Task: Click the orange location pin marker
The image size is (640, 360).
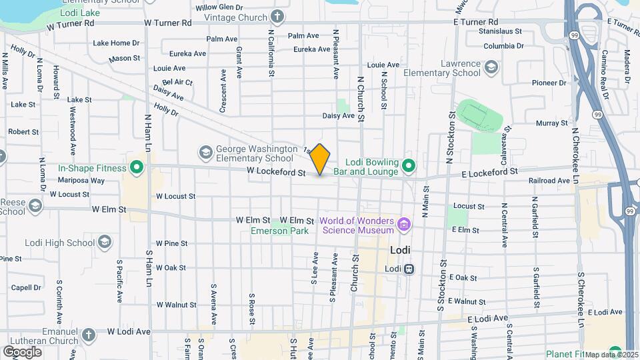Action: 320,159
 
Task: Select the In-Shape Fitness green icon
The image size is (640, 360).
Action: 137,168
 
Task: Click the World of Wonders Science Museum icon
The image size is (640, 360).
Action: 403,223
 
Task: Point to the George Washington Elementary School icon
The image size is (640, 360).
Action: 205,153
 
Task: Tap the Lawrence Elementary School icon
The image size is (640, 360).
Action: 491,67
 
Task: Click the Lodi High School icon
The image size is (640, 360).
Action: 105,242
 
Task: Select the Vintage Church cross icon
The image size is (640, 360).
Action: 277,16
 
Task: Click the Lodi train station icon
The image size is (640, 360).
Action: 409,269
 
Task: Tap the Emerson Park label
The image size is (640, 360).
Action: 279,231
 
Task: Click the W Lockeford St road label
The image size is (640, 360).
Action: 275,173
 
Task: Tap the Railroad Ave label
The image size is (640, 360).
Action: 549,181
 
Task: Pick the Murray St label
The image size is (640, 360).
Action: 551,123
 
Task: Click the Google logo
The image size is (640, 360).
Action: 22,351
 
